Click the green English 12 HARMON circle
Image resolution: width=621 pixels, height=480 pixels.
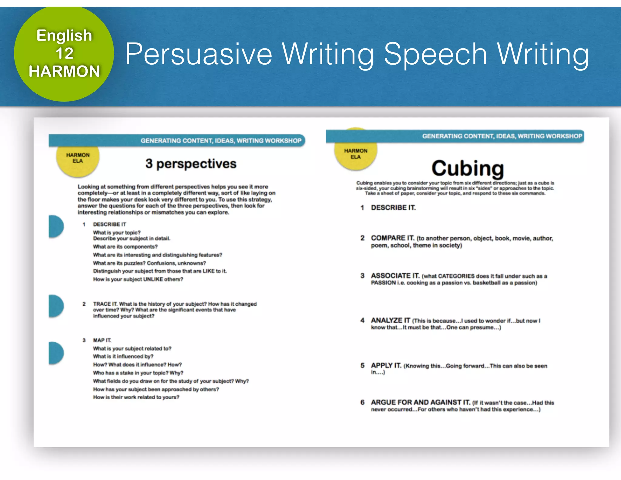point(64,54)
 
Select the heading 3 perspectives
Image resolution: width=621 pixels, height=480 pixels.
point(191,164)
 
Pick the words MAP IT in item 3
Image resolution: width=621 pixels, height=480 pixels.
point(102,340)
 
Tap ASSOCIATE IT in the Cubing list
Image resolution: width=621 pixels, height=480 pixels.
point(395,276)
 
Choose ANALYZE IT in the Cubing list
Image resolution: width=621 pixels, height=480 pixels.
point(391,320)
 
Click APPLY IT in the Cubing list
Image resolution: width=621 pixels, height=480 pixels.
point(386,366)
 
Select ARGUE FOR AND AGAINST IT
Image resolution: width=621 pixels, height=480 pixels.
point(420,402)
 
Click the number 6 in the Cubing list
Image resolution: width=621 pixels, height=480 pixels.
point(362,402)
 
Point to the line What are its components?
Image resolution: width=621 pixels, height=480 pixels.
point(125,247)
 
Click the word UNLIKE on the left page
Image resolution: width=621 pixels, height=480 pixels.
point(153,279)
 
